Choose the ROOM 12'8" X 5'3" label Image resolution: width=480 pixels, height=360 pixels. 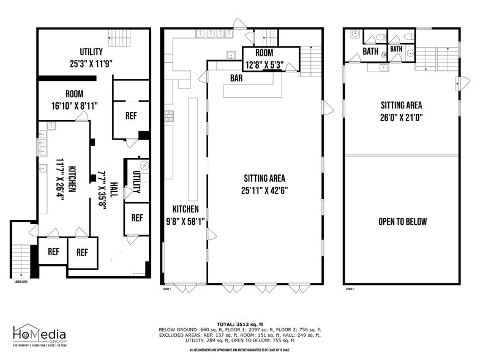pos(264,59)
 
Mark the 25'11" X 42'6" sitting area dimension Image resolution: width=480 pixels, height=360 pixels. pos(264,190)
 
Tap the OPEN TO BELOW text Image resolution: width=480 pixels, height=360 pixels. pos(402,222)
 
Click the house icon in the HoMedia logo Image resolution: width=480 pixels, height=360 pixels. pos(23,333)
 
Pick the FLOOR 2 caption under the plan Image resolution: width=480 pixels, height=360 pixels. pos(350,288)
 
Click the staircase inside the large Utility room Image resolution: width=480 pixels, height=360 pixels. pos(119,38)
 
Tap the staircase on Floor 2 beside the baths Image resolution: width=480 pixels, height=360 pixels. pos(436,54)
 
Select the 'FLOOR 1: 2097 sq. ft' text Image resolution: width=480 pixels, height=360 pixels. pos(240,329)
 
